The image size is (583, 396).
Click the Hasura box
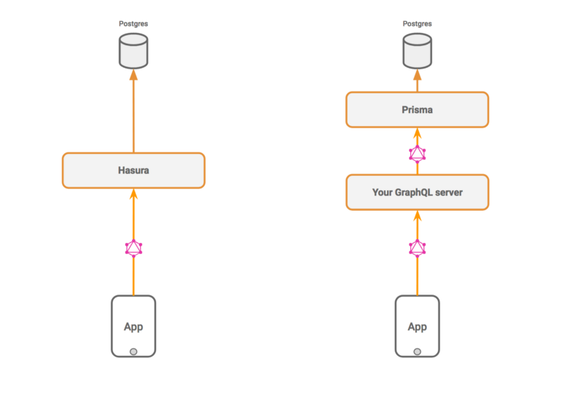click(133, 171)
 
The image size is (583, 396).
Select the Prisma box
click(417, 110)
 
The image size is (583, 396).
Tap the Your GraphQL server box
click(417, 193)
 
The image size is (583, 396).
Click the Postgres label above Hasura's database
click(133, 24)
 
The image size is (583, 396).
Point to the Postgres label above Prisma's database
click(417, 24)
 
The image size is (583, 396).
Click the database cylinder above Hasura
click(133, 51)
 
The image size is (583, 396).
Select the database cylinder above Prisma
click(417, 51)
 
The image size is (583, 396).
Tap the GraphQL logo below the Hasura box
click(133, 248)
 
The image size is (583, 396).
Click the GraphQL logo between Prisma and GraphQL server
click(417, 154)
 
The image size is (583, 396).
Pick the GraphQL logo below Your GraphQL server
click(417, 248)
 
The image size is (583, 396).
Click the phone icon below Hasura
click(133, 327)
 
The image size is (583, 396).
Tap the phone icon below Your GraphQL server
click(417, 327)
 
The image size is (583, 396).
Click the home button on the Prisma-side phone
click(417, 352)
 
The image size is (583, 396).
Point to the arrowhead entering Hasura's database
click(133, 74)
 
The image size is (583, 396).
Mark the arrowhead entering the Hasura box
click(133, 194)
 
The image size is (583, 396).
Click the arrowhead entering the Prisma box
click(417, 133)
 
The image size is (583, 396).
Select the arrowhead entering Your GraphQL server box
click(417, 216)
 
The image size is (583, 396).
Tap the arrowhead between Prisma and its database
click(417, 74)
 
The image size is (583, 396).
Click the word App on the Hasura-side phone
click(133, 327)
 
